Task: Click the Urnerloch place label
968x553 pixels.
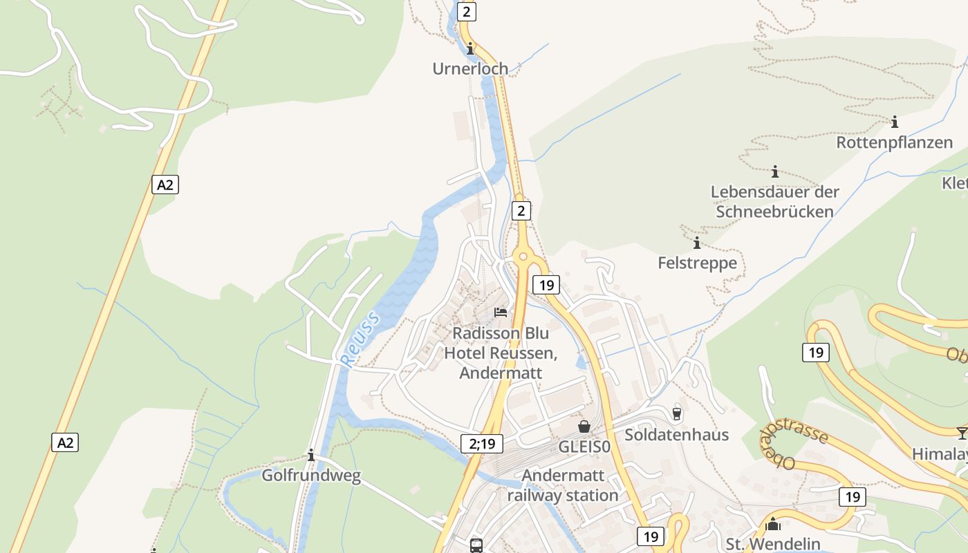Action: click(x=470, y=68)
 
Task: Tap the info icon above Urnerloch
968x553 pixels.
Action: click(x=470, y=49)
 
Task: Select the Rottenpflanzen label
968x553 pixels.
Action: click(x=895, y=142)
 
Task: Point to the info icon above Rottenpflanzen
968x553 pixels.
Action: click(x=895, y=122)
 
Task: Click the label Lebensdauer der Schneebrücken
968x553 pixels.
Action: click(x=774, y=201)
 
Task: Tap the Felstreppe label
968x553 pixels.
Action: click(x=697, y=263)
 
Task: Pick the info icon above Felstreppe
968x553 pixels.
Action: click(x=696, y=243)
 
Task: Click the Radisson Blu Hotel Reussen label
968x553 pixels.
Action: click(x=501, y=353)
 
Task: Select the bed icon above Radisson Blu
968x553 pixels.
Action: click(x=501, y=312)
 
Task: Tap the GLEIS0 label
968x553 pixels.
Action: click(x=584, y=447)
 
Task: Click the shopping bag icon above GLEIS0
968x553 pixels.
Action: click(x=584, y=427)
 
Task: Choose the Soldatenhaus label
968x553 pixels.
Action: click(x=676, y=434)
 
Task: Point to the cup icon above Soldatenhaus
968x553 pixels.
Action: click(x=676, y=413)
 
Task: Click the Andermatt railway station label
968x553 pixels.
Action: click(x=563, y=485)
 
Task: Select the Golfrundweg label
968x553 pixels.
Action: click(x=311, y=476)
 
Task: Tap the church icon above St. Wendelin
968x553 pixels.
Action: click(x=773, y=525)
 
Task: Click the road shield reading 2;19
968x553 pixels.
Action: click(x=482, y=444)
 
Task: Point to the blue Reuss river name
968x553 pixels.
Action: click(x=360, y=338)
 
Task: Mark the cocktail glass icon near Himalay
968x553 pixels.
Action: click(x=962, y=433)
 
